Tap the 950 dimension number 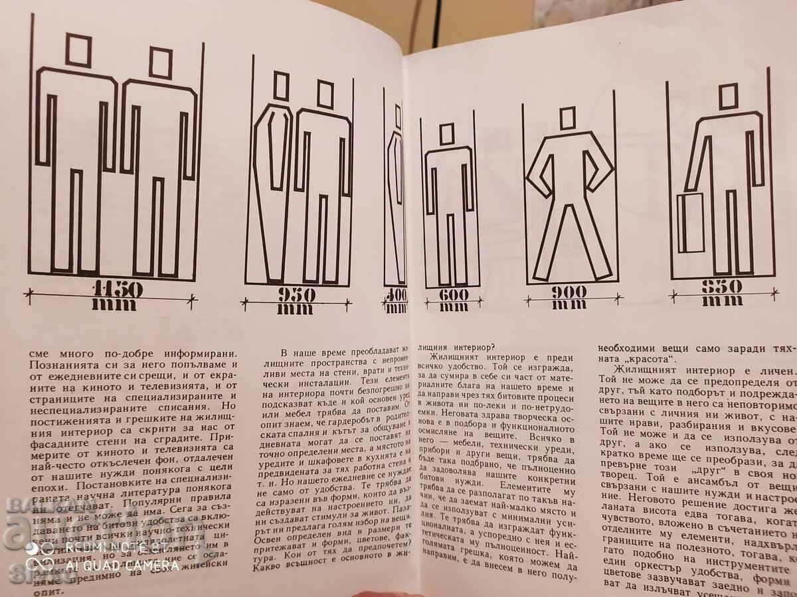[x=296, y=295]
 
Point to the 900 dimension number [x=569, y=291]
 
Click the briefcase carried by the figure [x=691, y=223]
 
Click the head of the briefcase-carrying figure [x=728, y=96]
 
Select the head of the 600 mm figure [x=447, y=133]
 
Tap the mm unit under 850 [x=723, y=300]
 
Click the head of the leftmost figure [x=78, y=50]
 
